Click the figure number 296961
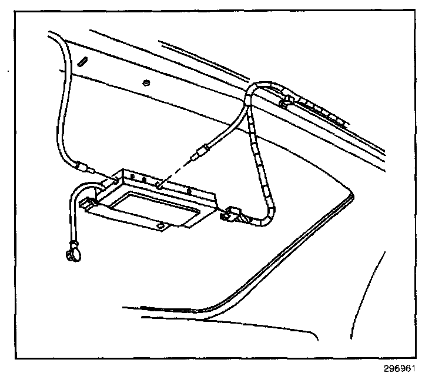(400, 371)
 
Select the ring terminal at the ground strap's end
(69, 254)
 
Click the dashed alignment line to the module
(176, 171)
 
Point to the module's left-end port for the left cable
(112, 176)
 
